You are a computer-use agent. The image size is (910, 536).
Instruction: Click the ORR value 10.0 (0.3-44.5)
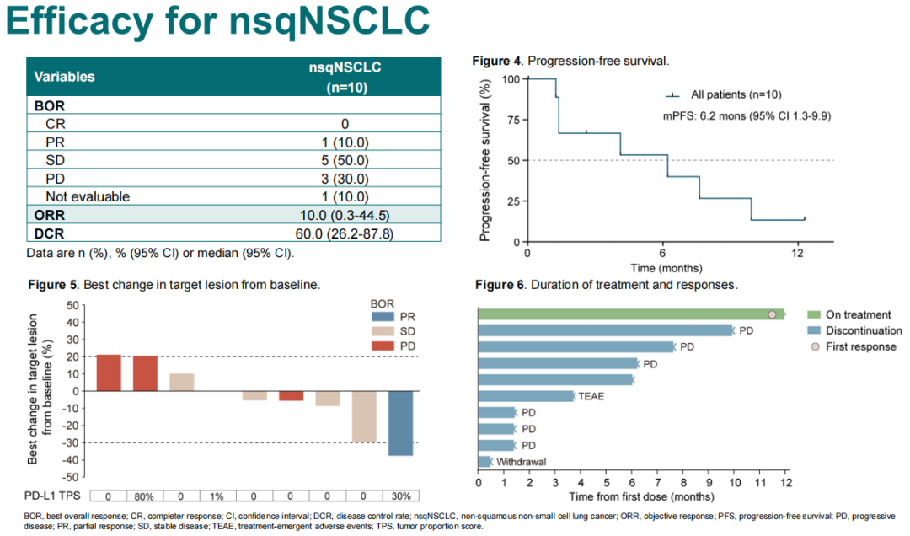tap(345, 215)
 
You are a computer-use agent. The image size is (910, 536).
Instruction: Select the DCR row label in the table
tap(50, 233)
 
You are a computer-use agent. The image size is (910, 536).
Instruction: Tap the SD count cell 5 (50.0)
tap(345, 159)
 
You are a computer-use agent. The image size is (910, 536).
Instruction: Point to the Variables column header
tap(65, 77)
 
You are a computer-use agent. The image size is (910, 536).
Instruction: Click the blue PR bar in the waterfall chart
tap(400, 423)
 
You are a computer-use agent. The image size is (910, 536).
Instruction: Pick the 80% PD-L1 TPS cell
tap(145, 496)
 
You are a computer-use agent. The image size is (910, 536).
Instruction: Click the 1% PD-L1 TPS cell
tap(217, 496)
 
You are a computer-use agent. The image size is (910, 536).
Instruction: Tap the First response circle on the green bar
tap(772, 314)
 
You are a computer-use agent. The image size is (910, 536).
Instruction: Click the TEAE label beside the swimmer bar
tap(591, 396)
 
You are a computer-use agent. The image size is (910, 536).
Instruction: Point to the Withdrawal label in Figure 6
tap(522, 462)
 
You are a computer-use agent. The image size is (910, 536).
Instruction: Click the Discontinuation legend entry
tap(864, 330)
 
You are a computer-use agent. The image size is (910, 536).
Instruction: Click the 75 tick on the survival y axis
tap(510, 120)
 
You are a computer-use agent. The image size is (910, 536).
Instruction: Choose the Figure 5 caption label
tap(53, 286)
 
